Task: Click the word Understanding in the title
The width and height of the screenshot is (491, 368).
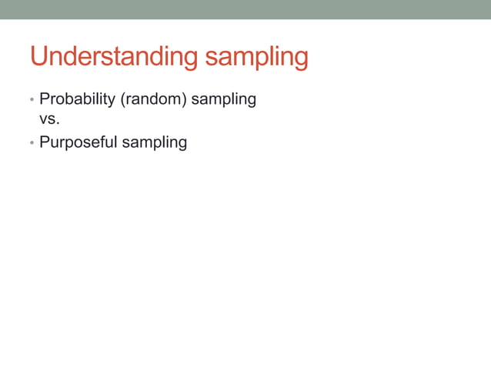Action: pos(111,58)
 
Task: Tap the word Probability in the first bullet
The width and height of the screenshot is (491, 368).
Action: pos(78,99)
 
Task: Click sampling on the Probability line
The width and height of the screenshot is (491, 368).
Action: pos(224,99)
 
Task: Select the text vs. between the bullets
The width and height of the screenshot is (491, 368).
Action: pos(49,120)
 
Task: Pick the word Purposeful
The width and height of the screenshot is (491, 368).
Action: pos(78,142)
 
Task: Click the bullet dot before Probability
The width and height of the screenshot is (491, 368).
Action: pos(32,100)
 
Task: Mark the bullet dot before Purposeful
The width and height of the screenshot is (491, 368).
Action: pos(32,143)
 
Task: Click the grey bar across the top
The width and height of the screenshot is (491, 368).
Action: pos(245,9)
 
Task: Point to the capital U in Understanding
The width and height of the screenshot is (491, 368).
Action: pos(39,57)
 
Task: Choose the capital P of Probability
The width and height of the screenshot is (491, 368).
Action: pos(44,99)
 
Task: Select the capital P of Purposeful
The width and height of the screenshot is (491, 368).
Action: pos(44,142)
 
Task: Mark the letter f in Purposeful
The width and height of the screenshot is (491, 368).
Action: pos(104,142)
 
